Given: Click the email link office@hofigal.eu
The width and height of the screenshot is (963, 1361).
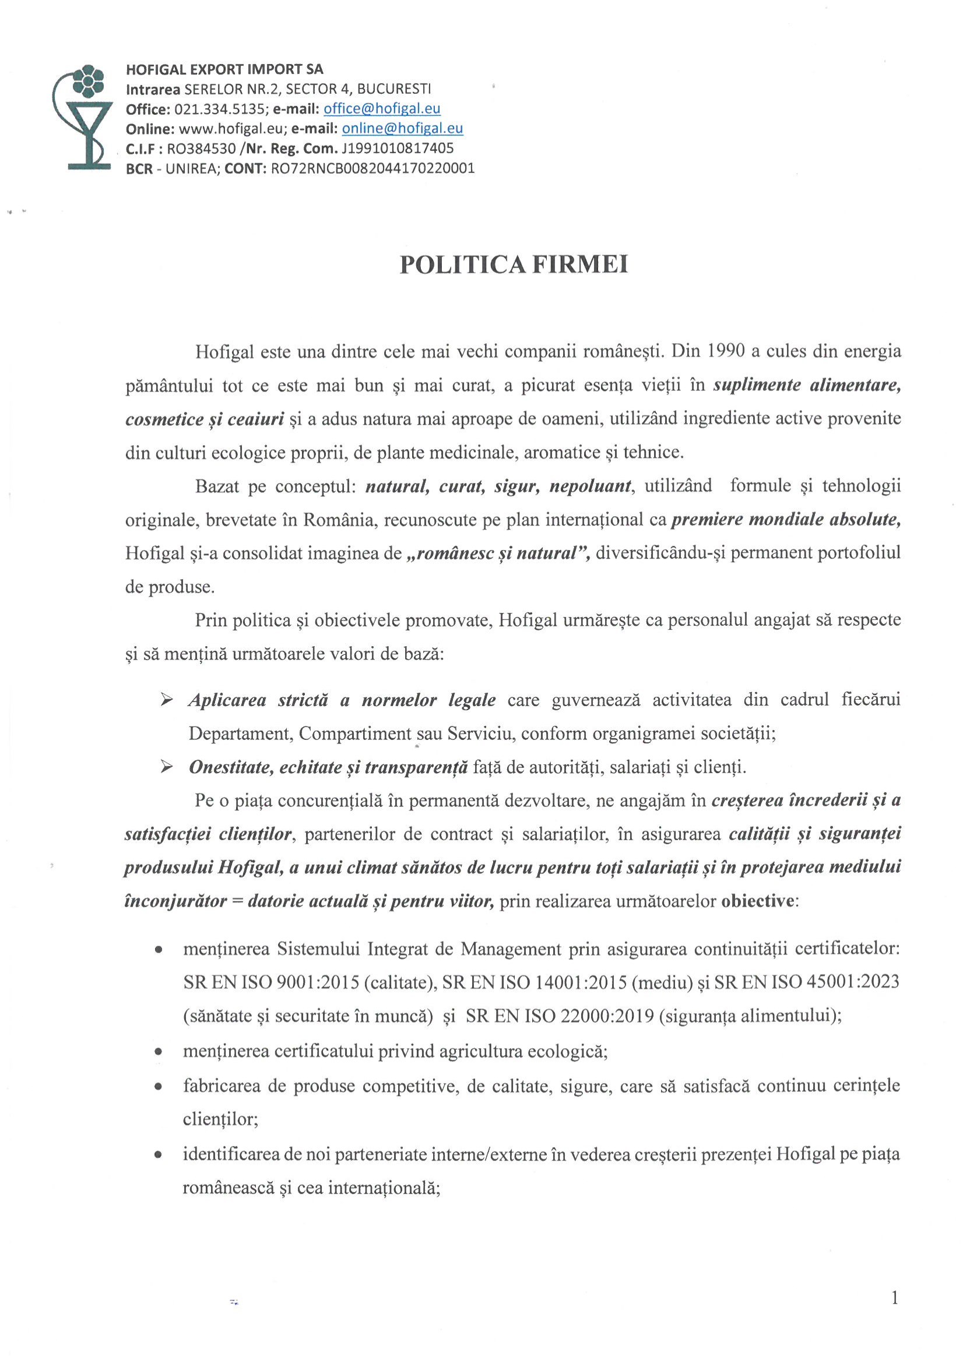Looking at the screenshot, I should click(382, 109).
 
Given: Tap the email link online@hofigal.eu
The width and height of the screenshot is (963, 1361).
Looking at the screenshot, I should click(403, 129).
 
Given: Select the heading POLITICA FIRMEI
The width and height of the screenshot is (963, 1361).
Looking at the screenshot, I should click(514, 265).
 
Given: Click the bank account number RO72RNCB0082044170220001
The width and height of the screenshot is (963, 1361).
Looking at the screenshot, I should click(372, 168).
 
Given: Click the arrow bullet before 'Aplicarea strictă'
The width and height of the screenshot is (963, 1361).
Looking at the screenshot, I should click(167, 701).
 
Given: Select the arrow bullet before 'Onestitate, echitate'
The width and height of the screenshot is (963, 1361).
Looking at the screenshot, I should click(167, 768).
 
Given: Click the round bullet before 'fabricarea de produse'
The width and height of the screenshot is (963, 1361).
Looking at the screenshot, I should click(159, 1087).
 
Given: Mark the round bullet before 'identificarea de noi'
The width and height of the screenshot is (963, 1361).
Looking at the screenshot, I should click(159, 1155).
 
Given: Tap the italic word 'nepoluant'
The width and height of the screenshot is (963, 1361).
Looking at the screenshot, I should click(590, 486).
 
